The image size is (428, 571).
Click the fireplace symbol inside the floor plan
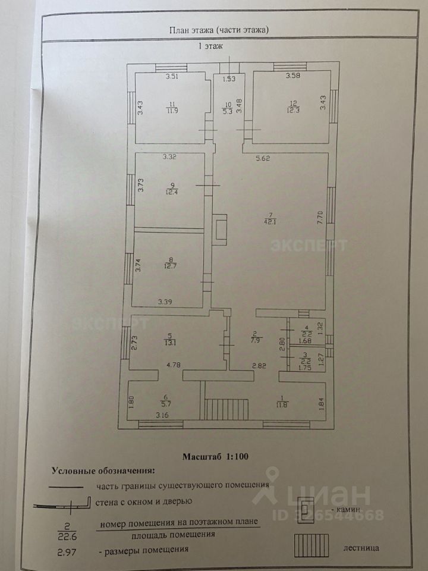tap(220, 230)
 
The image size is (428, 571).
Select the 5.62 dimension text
tap(263, 158)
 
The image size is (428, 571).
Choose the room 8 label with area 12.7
tap(172, 262)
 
